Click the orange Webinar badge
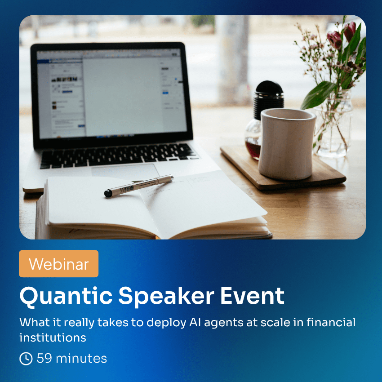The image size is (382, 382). point(59,264)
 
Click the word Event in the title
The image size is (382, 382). point(253,296)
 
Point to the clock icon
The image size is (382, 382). point(26,359)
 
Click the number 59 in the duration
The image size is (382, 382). point(44,358)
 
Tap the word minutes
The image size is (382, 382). point(81,358)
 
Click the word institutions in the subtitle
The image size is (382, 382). point(53,338)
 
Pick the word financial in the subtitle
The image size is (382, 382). point(331,322)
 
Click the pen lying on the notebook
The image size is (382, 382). point(139,186)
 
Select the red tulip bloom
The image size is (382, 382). point(335,40)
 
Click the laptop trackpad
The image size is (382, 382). point(125,170)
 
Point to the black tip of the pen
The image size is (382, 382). point(108,193)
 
